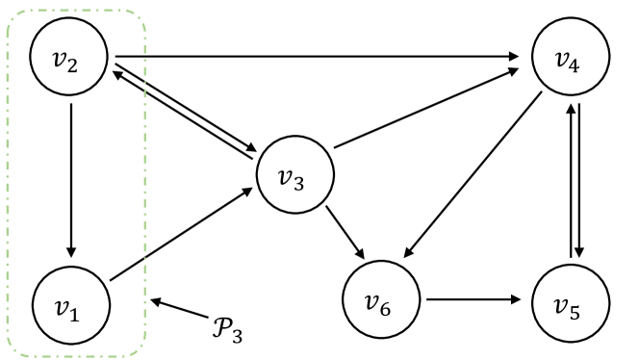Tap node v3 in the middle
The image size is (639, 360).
click(x=295, y=179)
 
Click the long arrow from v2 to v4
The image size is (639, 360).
click(x=318, y=56)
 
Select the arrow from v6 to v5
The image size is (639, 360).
click(x=475, y=298)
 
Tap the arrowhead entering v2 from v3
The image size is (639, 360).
click(x=117, y=69)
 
